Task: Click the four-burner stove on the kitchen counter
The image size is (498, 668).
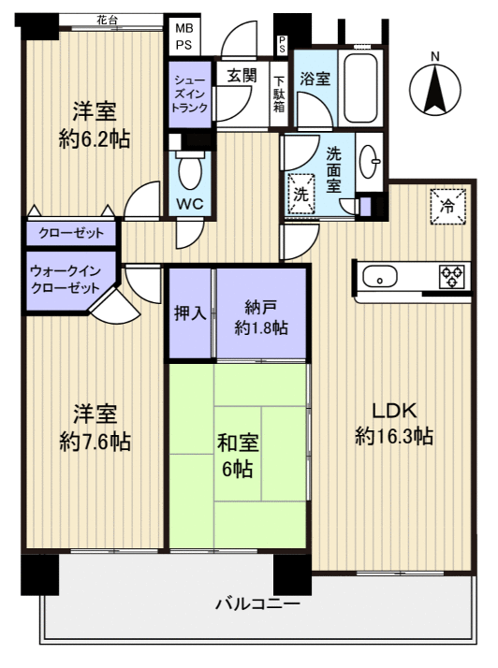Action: coord(451,276)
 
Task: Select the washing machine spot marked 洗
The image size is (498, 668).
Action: coord(302,194)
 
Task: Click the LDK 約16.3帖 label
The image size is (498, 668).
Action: coord(394,423)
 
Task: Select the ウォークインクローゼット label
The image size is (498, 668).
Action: coord(65,279)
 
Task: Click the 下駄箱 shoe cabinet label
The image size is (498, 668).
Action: coord(279,93)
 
